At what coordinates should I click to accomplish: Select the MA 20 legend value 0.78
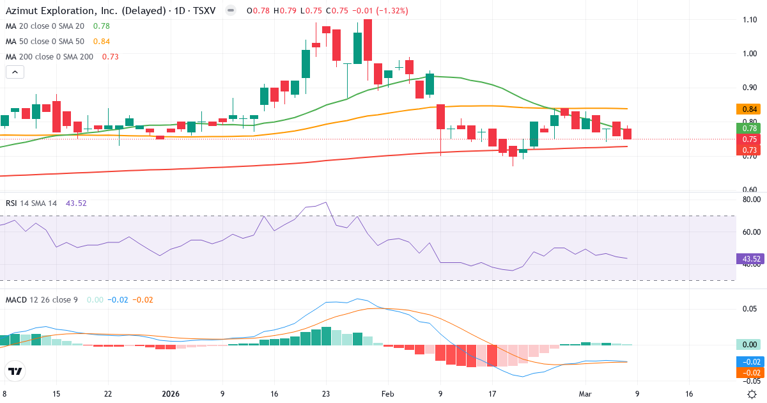(101, 26)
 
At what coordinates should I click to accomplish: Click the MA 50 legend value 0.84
(101, 41)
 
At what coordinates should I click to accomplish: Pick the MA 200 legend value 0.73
(110, 56)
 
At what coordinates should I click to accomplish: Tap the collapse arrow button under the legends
(15, 72)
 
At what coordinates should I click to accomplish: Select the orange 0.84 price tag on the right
(749, 109)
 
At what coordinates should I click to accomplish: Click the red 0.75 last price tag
(749, 139)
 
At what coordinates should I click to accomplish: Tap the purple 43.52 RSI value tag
(749, 259)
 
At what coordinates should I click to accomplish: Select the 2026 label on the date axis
(171, 394)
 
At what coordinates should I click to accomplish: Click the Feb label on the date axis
(388, 394)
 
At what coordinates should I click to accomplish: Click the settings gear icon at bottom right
(752, 394)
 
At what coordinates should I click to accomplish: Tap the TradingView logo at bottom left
(15, 371)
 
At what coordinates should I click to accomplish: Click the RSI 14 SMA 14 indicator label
(31, 203)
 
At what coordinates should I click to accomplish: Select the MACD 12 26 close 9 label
(42, 299)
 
